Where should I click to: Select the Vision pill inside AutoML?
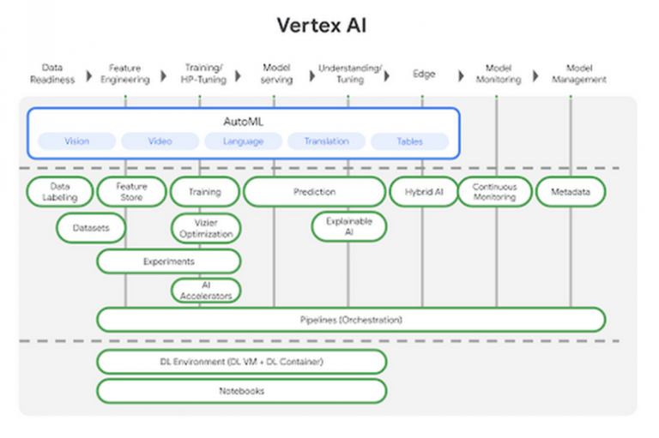tap(76, 141)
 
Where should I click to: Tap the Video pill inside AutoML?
tap(160, 141)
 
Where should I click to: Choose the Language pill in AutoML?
tap(243, 141)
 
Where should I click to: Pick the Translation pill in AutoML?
tap(326, 141)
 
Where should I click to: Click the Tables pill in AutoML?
tap(409, 141)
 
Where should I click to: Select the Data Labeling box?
tap(59, 192)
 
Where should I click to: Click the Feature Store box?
tap(131, 192)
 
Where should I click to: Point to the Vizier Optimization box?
tap(206, 228)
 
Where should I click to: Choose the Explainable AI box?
tap(348, 226)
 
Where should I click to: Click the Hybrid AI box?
tap(423, 192)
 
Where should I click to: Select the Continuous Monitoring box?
tap(494, 192)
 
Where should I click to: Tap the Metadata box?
tap(571, 192)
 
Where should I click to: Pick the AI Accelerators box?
tap(206, 291)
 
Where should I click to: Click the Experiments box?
tap(168, 261)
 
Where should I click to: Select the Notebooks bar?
tap(241, 391)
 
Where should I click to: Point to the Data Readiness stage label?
tap(52, 74)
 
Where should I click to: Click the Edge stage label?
tap(423, 74)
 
